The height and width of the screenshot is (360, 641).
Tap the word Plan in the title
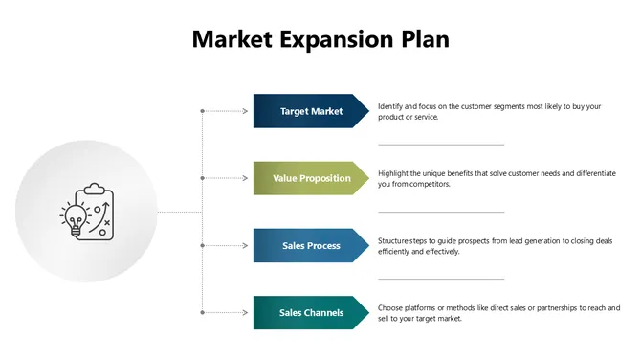(422, 39)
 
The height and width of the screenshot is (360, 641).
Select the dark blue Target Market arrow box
(311, 111)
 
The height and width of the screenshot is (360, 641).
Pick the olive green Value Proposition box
(311, 178)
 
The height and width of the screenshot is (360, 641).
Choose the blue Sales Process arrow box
(311, 246)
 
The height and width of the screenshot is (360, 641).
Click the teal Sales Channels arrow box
(311, 313)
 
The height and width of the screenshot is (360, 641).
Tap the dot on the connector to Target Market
(202, 111)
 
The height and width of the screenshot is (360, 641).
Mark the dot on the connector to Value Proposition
(202, 178)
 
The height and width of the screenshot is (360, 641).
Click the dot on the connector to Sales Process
(202, 246)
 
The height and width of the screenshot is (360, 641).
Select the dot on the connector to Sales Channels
(202, 313)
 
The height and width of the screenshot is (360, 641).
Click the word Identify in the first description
(391, 106)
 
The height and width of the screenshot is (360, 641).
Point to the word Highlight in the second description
(394, 173)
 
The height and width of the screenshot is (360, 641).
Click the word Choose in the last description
(391, 308)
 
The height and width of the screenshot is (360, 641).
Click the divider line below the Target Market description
(441, 145)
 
